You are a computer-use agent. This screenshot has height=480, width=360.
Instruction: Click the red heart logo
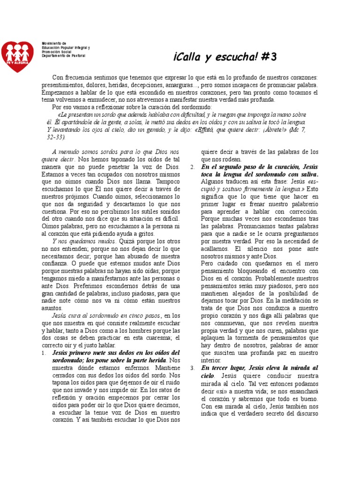(17, 56)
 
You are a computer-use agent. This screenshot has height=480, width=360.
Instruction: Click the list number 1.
(44, 352)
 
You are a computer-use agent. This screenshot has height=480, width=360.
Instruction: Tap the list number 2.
(193, 167)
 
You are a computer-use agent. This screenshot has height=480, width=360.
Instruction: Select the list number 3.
(193, 368)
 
